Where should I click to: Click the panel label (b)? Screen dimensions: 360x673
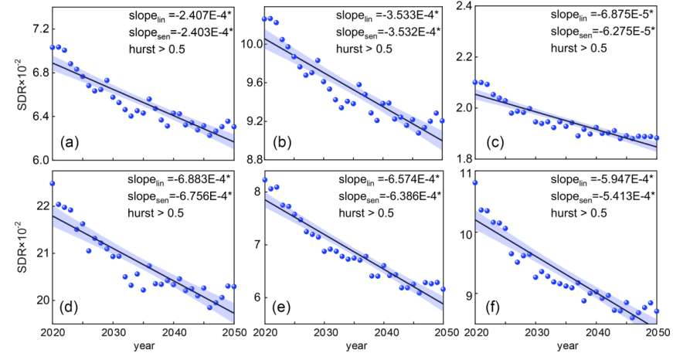tap(281, 144)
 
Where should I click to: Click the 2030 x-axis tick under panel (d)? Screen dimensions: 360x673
tap(113, 333)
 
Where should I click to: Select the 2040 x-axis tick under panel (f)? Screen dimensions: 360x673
tap(597, 333)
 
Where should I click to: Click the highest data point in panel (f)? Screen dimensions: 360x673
tap(475, 183)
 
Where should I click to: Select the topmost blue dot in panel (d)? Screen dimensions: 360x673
tap(52, 183)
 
